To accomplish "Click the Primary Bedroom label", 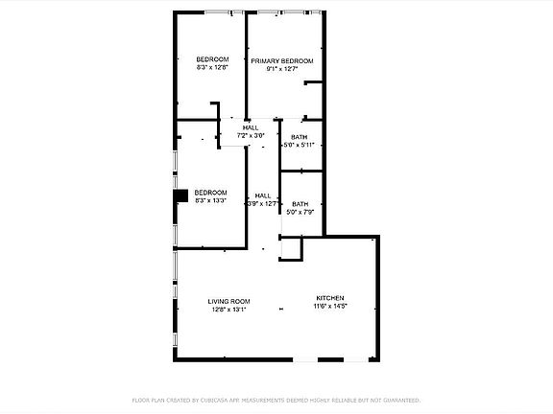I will click(282, 61).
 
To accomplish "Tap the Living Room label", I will click(228, 302).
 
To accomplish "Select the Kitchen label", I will click(329, 298).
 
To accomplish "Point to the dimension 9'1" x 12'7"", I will click(282, 69).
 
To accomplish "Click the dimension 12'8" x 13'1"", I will click(228, 310).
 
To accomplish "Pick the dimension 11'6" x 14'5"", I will click(329, 307).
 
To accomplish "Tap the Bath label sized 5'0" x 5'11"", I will click(300, 137).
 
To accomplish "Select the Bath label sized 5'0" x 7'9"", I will click(301, 203).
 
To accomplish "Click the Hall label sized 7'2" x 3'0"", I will click(251, 128).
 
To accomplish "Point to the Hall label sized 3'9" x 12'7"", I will click(262, 195).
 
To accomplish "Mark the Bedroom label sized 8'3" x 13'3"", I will click(210, 193).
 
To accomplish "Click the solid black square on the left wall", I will click(180, 196).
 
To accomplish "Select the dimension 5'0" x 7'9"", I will click(301, 212).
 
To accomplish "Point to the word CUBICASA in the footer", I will click(214, 400).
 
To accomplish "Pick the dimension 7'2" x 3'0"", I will click(251, 136).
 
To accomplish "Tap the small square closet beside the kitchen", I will click(291, 248).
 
